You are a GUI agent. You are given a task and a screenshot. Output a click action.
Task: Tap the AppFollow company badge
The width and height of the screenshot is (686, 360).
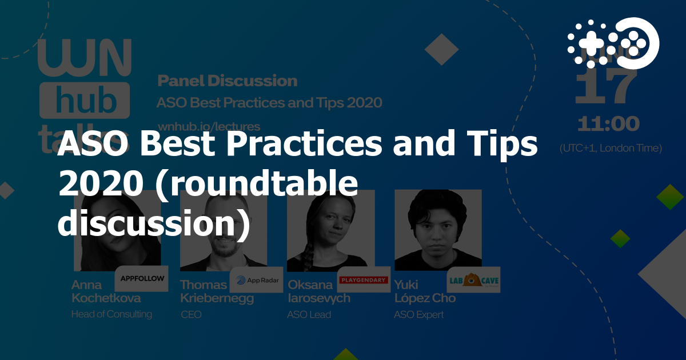142,279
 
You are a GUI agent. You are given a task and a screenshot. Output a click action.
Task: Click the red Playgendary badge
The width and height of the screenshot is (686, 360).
364,280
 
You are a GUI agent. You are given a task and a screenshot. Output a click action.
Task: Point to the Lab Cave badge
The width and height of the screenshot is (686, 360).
473,280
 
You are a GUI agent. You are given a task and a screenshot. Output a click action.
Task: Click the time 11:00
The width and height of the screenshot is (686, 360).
608,124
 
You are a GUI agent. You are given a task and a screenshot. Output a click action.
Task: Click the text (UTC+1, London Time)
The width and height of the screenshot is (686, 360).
611,148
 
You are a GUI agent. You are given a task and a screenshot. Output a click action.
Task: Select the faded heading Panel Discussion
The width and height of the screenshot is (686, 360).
227,81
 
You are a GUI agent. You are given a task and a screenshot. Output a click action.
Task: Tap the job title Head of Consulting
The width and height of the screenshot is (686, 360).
111,314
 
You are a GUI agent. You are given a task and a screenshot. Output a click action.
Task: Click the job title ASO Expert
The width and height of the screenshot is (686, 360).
418,314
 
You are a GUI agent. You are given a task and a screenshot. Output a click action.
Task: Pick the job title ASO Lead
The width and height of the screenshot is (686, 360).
309,314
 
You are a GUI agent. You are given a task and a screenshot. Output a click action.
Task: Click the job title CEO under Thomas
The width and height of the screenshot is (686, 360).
191,314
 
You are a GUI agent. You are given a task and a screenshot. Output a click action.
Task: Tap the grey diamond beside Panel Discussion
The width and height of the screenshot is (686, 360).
441,50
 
